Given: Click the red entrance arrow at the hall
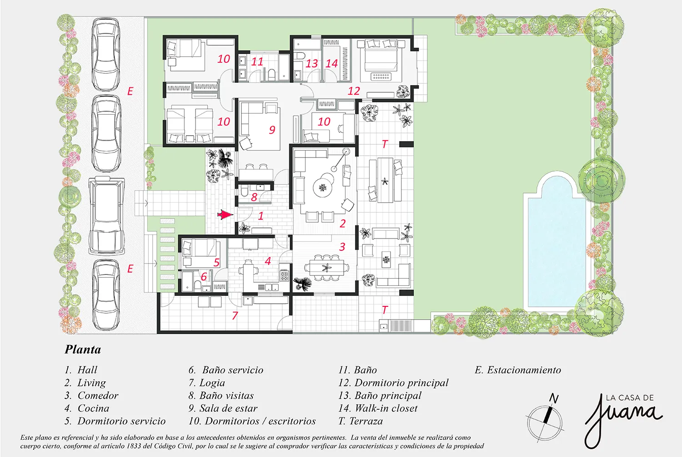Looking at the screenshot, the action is tap(225, 215).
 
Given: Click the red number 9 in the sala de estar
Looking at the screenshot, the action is tap(272, 130).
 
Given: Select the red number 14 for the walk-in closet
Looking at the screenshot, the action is tap(331, 63).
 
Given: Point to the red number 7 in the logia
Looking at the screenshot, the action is tap(235, 315).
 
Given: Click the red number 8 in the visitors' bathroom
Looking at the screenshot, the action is tap(254, 197).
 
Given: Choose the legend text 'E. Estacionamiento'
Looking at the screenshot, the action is tap(518, 370).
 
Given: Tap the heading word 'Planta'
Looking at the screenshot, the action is tap(83, 350).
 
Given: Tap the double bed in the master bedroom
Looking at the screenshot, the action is tap(381, 56).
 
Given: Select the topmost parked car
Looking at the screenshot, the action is tap(106, 54).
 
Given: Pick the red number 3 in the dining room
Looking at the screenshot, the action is tap(342, 247).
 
